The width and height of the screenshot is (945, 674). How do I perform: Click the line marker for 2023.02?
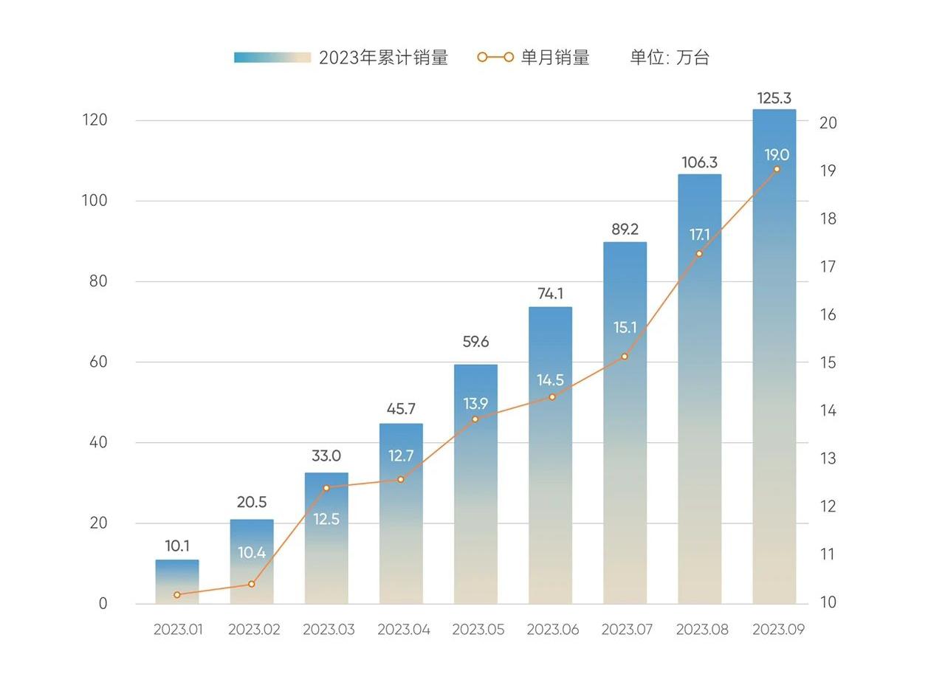coord(252,584)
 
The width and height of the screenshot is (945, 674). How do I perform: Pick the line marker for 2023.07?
coord(625,357)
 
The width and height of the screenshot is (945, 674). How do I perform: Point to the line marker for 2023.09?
coord(777,169)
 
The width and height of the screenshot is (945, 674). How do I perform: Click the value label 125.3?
coord(774,97)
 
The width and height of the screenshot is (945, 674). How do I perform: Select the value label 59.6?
coord(475,342)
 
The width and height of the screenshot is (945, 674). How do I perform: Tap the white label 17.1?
coord(699,235)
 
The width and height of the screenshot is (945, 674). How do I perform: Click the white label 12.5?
coord(326,519)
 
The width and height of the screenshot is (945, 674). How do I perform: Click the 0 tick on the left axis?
coord(103,603)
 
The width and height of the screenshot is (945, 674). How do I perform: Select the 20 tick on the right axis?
coord(828,123)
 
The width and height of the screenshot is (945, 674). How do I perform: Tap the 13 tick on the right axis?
coord(828,458)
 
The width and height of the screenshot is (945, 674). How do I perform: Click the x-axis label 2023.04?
coord(403,630)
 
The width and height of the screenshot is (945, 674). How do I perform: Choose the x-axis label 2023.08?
coord(702,630)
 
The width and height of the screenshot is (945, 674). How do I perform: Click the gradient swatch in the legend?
coord(272,58)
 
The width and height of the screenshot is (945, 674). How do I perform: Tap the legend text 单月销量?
coord(555,58)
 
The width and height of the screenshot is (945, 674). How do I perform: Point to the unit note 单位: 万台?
coord(669,58)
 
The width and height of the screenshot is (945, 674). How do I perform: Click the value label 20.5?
coord(252,502)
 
